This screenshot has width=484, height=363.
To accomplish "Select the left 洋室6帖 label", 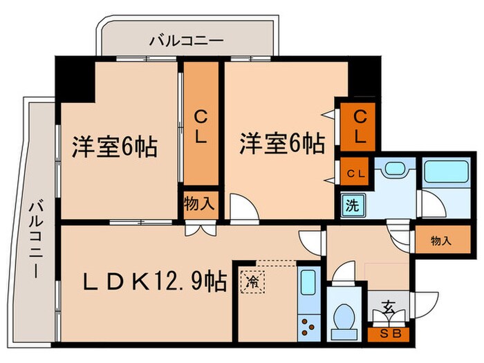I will (114, 147).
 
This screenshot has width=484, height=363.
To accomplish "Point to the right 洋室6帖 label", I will (282, 144).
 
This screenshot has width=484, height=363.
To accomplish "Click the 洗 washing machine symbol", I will (351, 205).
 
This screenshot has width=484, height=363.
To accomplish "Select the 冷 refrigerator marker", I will (250, 282).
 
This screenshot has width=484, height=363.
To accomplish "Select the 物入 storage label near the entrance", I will (440, 241).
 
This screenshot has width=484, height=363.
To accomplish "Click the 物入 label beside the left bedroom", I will (198, 204).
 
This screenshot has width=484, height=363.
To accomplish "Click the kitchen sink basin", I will (308, 283).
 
